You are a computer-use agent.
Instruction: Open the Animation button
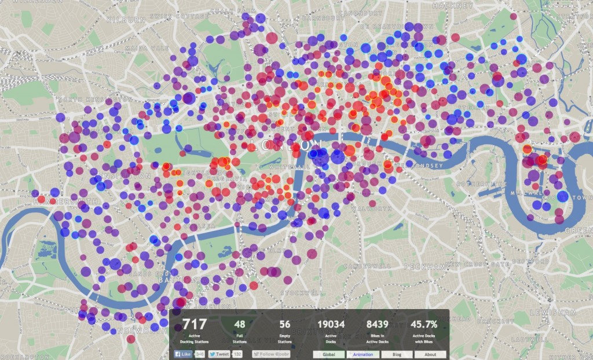coord(362,354)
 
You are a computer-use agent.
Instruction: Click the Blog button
coord(396,354)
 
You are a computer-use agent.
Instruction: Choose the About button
coord(430,354)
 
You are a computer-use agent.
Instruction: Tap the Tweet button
coord(220,354)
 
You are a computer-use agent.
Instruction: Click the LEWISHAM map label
coord(560,313)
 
